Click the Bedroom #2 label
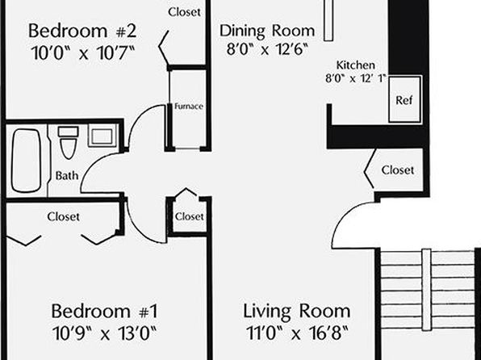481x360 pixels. (82, 31)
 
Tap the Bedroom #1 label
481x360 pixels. (104, 311)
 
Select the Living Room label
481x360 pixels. (297, 312)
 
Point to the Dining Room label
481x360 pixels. (267, 31)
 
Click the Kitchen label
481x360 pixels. (356, 65)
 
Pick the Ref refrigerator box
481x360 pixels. (405, 99)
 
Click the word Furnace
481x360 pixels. (189, 107)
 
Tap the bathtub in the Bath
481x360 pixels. (26, 161)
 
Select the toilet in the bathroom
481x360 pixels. (68, 142)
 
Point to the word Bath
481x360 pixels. (67, 175)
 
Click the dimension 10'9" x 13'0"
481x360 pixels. (104, 333)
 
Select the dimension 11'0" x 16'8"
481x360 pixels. (297, 333)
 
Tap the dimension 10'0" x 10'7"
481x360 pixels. (83, 53)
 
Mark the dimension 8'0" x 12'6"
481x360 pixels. (267, 49)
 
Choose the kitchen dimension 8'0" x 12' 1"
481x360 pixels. (356, 78)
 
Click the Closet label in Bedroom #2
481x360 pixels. (184, 12)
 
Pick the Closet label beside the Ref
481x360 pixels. (398, 170)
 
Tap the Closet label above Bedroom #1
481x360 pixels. (63, 216)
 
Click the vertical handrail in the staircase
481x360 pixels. (426, 290)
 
